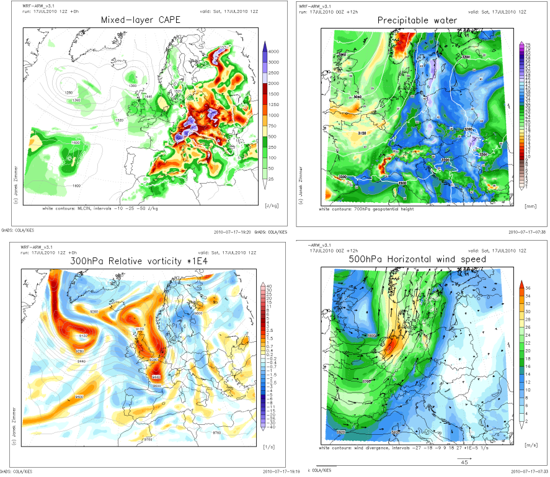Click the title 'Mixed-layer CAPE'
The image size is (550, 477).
point(142,21)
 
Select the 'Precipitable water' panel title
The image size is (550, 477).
point(417,21)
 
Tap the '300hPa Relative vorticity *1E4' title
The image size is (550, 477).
point(141,261)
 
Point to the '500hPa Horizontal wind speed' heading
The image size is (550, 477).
point(417,259)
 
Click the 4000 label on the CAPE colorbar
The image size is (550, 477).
point(273,51)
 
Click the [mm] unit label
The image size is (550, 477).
point(530,205)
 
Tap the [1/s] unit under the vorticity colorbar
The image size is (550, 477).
point(269,445)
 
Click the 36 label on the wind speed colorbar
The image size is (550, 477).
point(528,287)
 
